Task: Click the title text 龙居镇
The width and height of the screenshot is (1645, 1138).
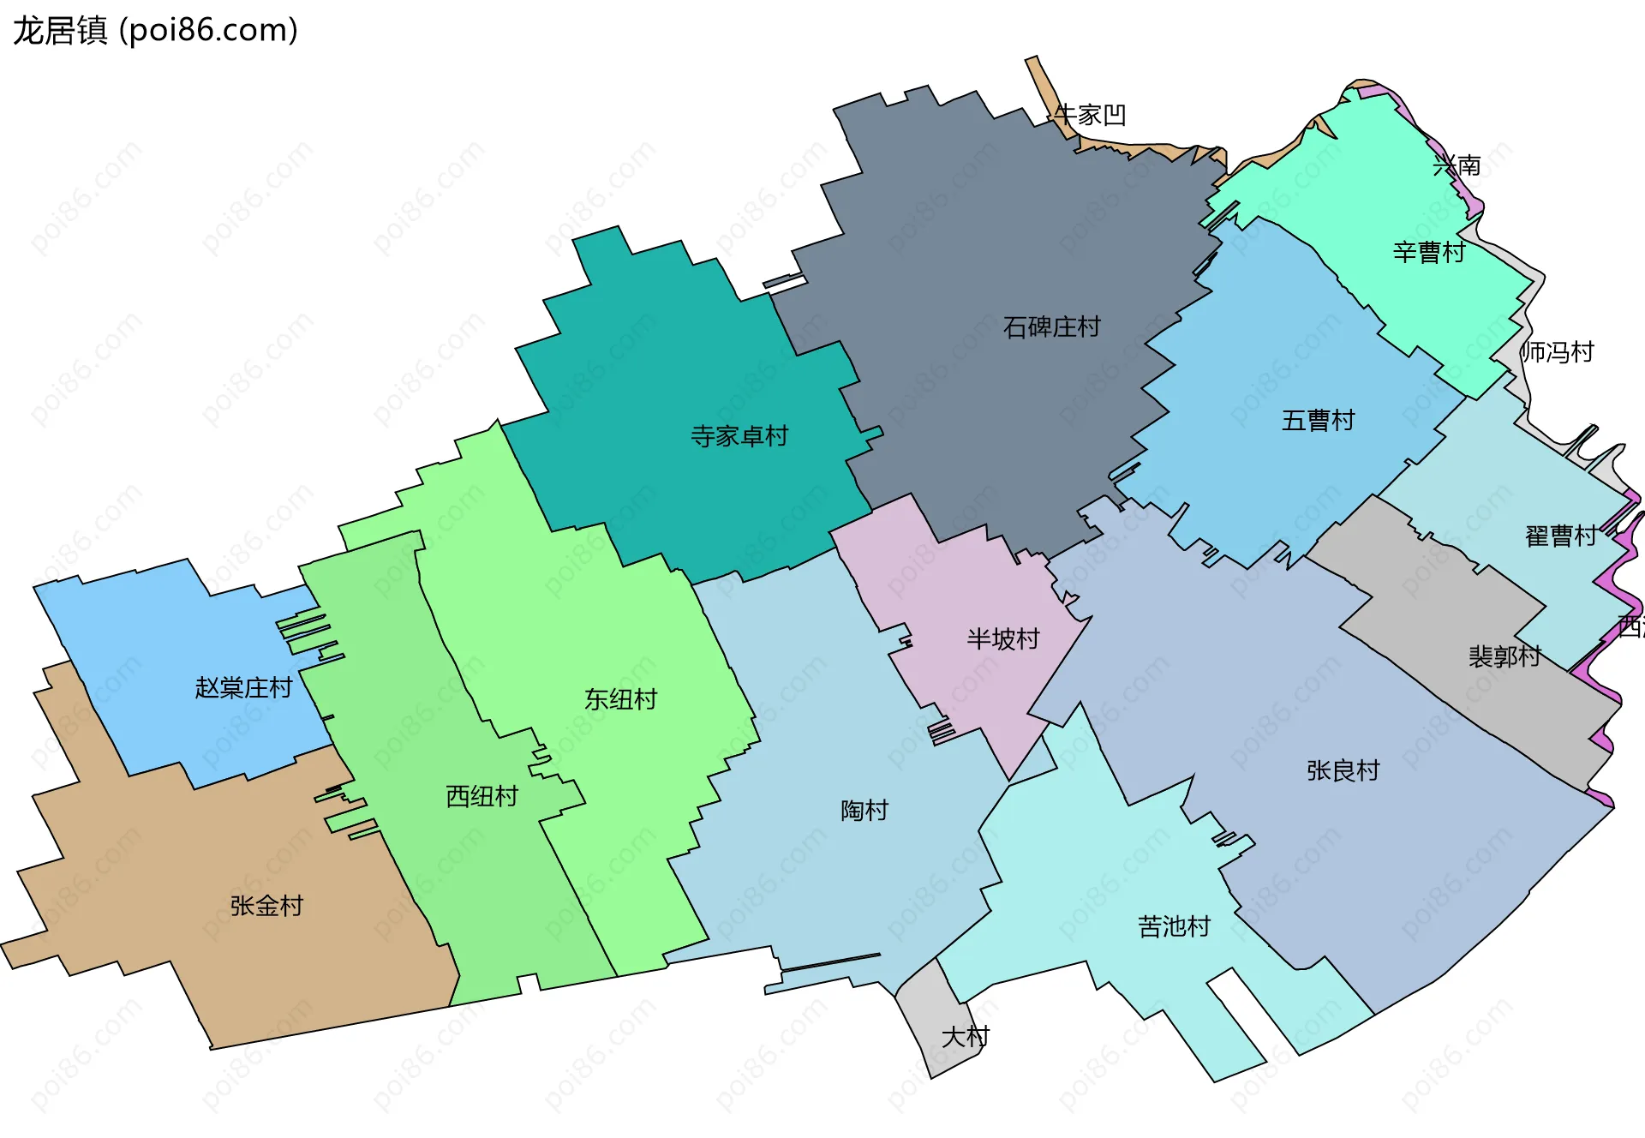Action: coord(60,30)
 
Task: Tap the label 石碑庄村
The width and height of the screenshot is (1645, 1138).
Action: coord(1051,327)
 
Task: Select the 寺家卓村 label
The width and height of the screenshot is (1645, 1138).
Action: coord(739,436)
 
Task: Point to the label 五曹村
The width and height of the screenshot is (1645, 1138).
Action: coord(1318,421)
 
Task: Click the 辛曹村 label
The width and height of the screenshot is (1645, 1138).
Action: coord(1428,253)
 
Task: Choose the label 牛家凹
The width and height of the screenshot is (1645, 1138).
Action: coord(1090,115)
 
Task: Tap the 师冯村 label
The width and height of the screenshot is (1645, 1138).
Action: coord(1557,352)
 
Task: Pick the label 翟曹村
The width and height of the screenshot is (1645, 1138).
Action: coord(1560,536)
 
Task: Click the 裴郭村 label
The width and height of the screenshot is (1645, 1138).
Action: coord(1504,656)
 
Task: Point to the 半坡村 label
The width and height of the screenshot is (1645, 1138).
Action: coord(1002,639)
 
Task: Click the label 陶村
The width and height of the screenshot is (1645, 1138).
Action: coord(864,811)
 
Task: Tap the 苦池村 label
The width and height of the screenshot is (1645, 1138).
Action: coord(1174,927)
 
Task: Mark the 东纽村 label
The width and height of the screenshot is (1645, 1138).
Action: coord(620,700)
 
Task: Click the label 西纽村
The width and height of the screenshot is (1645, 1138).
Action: coord(482,797)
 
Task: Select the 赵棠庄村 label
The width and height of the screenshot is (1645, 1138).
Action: coord(243,688)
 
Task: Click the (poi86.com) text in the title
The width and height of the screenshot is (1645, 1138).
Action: coord(208,30)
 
